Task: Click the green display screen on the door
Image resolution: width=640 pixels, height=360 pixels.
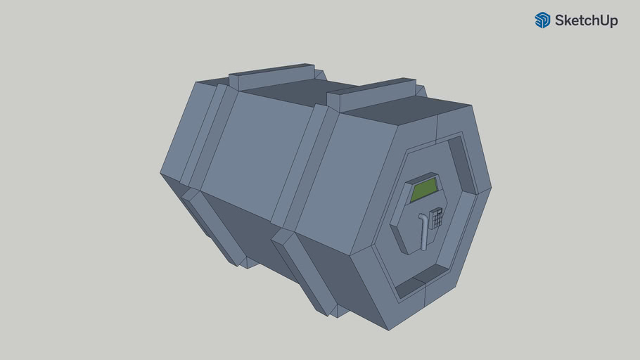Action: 423,190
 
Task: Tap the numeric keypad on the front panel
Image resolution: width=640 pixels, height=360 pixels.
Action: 437,218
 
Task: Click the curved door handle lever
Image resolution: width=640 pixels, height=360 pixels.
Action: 423,230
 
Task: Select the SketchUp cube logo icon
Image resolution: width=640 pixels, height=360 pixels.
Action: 542,20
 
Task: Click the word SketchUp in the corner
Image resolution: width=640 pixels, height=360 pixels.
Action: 586,20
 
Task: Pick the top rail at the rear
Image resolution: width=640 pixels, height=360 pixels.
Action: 271,75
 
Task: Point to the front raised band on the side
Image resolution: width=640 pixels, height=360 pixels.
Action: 306,169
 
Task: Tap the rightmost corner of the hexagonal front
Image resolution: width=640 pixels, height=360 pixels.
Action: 490,188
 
